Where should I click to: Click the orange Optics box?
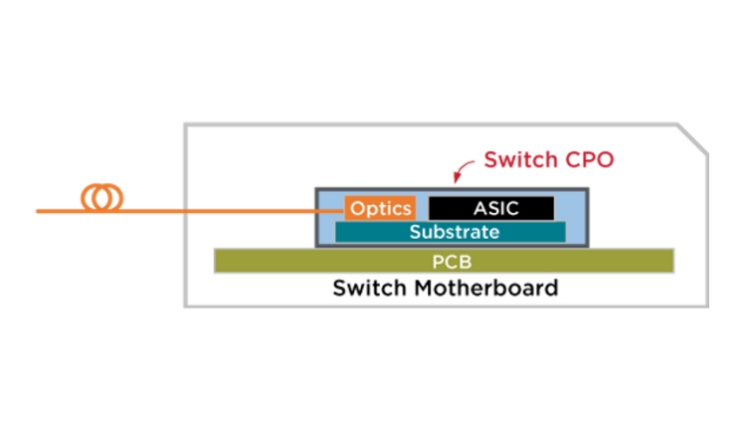click(x=380, y=208)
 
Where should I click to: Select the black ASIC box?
click(x=491, y=208)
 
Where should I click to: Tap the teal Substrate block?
click(x=451, y=232)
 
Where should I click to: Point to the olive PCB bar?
click(x=444, y=261)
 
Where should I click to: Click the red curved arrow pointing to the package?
click(x=462, y=170)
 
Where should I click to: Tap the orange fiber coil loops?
click(x=101, y=198)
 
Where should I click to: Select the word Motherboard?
click(x=486, y=288)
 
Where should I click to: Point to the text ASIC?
click(x=496, y=208)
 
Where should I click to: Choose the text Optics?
click(x=380, y=209)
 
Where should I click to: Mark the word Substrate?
click(x=455, y=232)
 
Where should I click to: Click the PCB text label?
click(x=452, y=262)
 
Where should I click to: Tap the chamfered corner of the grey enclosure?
click(x=693, y=139)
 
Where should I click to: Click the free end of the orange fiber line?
click(x=37, y=211)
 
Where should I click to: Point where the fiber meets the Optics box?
click(x=345, y=211)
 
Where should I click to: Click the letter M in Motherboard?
click(x=426, y=288)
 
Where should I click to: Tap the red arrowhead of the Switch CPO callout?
click(x=456, y=179)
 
